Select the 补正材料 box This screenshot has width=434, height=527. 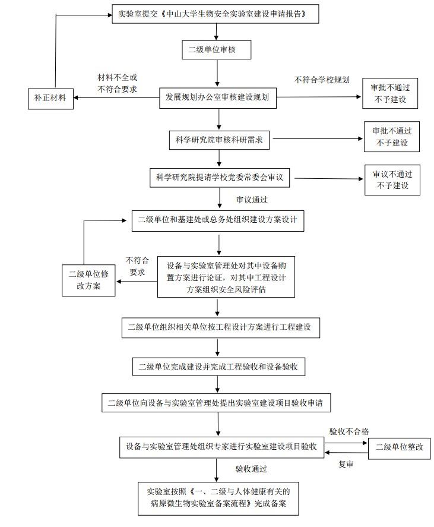pos(50,97)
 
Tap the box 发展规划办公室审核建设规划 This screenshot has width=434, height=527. pos(218,97)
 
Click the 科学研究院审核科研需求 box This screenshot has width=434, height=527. pos(219,140)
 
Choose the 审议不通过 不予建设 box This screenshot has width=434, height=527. pos(392,180)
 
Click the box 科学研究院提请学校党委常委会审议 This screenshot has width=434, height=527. pos(218,177)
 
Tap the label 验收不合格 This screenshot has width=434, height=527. pos(349,431)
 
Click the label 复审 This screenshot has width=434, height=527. pos(346,465)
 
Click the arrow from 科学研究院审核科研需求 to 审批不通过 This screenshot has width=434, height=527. pos(317,140)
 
